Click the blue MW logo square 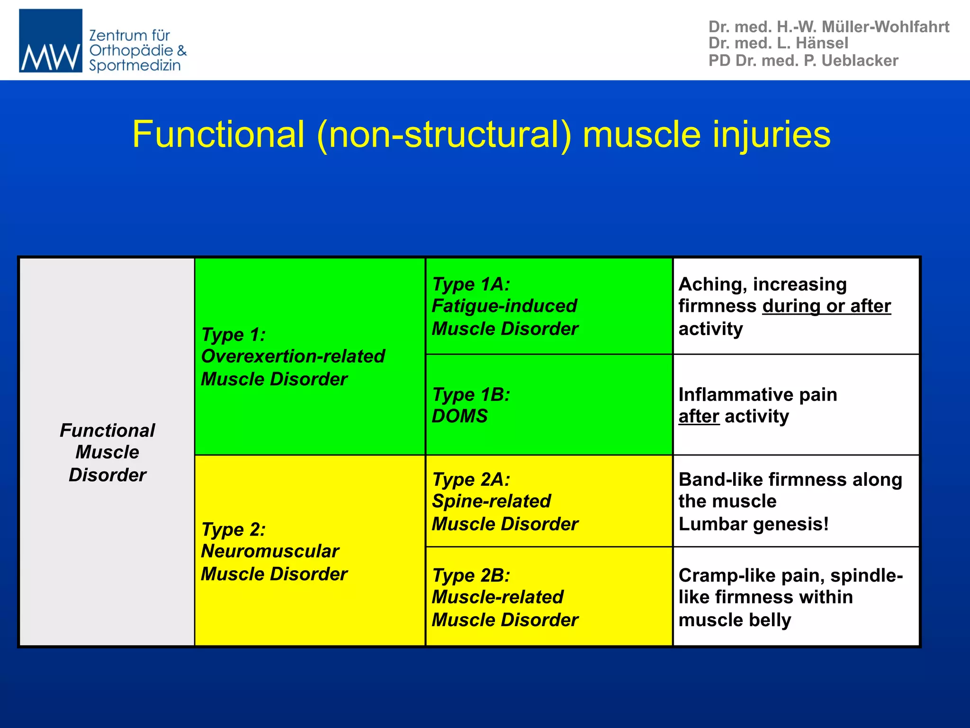(x=50, y=40)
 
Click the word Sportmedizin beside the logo (x=135, y=65)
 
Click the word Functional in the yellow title (x=218, y=135)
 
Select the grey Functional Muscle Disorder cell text (x=108, y=452)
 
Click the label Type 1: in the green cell (x=233, y=335)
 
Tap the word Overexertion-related (x=293, y=356)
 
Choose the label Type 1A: (x=471, y=284)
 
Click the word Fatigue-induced (x=504, y=306)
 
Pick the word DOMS (x=459, y=416)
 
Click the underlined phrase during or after (x=826, y=306)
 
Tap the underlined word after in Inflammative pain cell (x=699, y=416)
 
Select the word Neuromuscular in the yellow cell (x=270, y=551)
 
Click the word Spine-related (x=491, y=501)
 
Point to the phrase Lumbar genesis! (x=754, y=524)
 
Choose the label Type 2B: (x=471, y=575)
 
